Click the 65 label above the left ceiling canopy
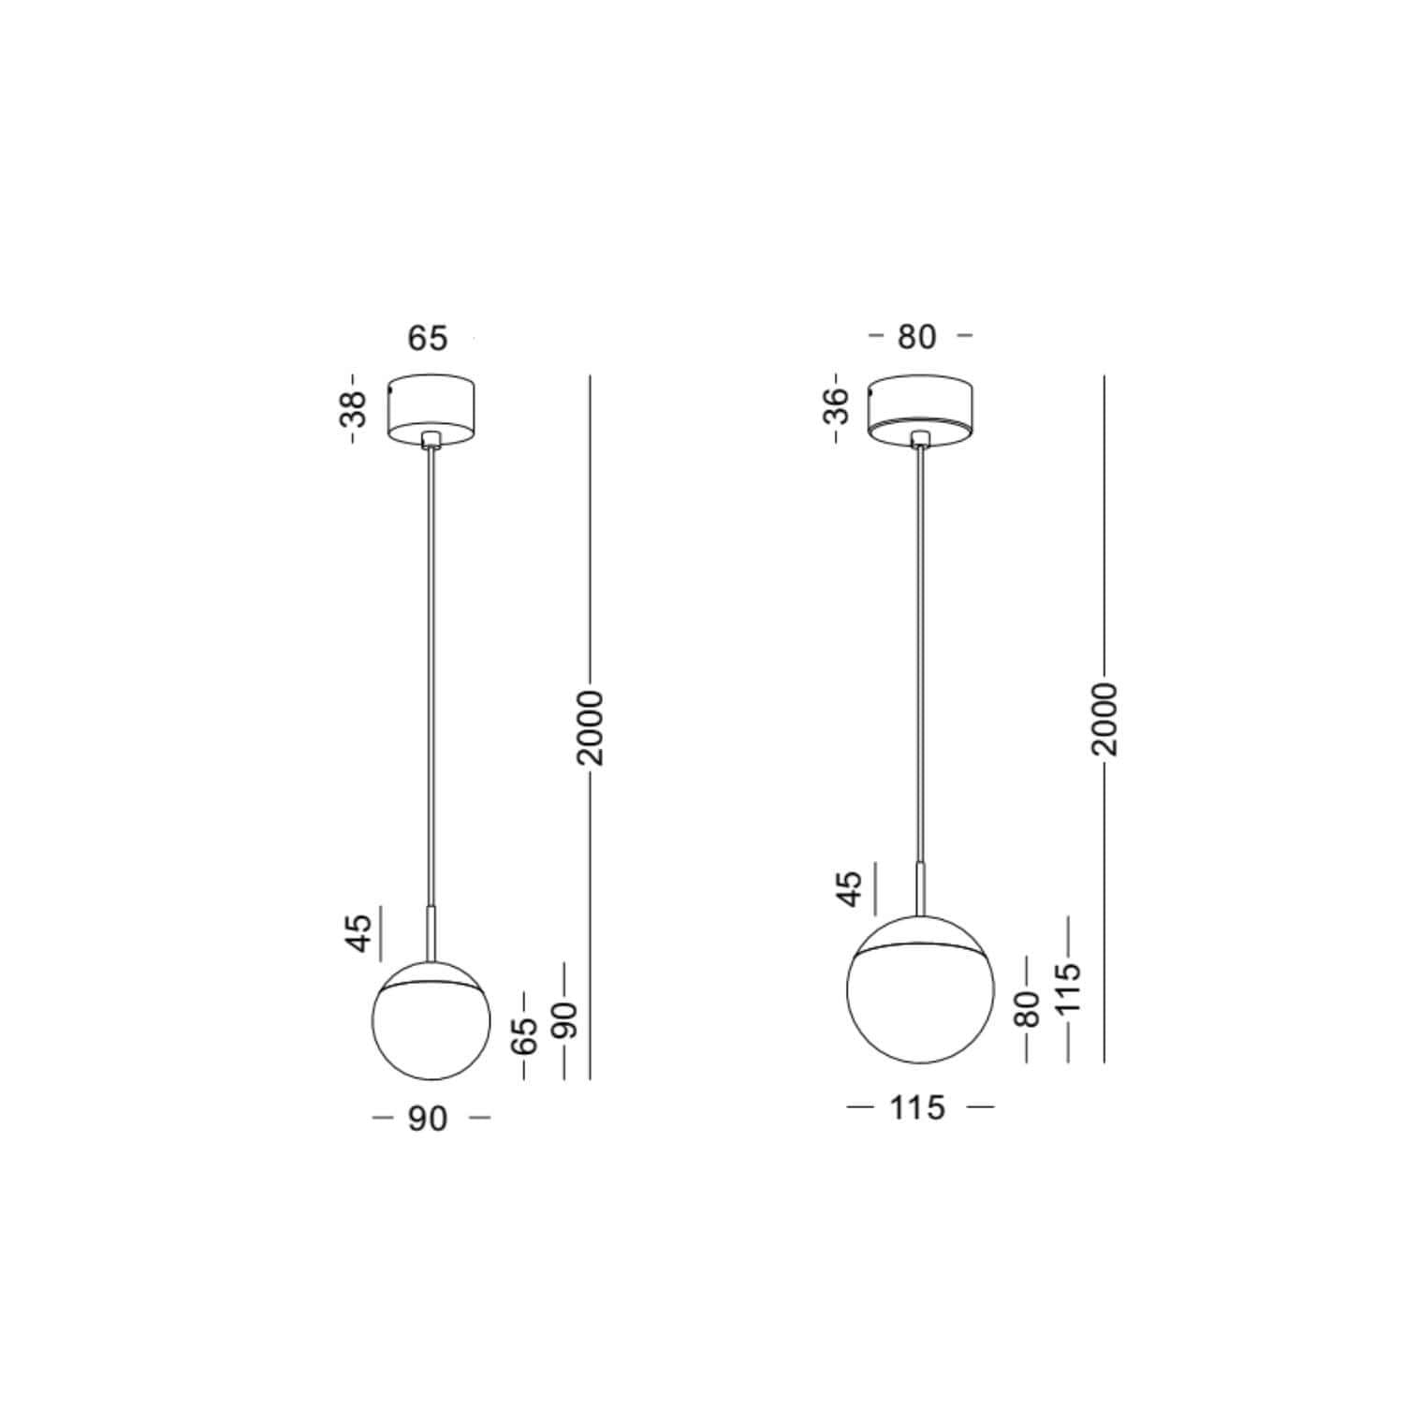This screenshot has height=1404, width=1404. pyautogui.click(x=428, y=338)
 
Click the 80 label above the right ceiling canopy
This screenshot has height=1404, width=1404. pyautogui.click(x=916, y=337)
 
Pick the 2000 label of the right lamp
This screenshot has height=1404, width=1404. pyautogui.click(x=1104, y=719)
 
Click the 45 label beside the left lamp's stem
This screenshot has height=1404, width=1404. pyautogui.click(x=360, y=932)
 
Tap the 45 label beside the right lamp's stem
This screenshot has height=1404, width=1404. pyautogui.click(x=849, y=888)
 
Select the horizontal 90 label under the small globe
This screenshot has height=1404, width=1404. pyautogui.click(x=428, y=1119)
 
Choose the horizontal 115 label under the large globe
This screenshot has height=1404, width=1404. pyautogui.click(x=917, y=1108)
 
